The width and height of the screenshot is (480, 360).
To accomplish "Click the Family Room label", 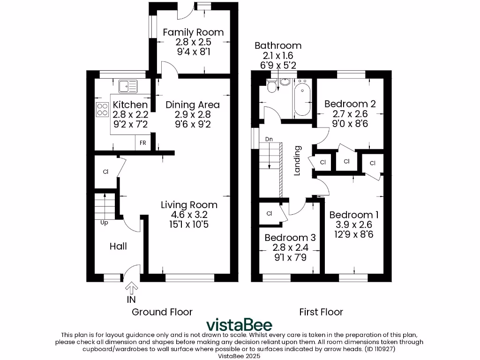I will pyautogui.click(x=193, y=32).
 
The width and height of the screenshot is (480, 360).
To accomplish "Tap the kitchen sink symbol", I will pyautogui.click(x=127, y=86).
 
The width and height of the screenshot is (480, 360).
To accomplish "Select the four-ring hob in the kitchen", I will pyautogui.click(x=103, y=109).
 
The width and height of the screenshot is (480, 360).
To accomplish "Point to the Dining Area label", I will pyautogui.click(x=192, y=105).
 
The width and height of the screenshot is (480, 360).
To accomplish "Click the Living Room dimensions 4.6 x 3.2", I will pyautogui.click(x=189, y=215).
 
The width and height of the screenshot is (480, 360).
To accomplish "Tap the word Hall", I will pyautogui.click(x=118, y=246).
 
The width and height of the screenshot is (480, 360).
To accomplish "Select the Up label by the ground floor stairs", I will pyautogui.click(x=104, y=223).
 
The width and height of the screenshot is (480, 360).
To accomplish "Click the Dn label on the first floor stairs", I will pyautogui.click(x=269, y=139).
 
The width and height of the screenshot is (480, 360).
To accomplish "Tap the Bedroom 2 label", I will pyautogui.click(x=350, y=104).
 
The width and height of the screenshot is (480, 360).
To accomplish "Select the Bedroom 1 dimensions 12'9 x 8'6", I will pyautogui.click(x=354, y=234).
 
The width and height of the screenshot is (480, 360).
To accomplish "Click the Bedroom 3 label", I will pyautogui.click(x=290, y=238).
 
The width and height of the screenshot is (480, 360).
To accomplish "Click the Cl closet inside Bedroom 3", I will pyautogui.click(x=270, y=213).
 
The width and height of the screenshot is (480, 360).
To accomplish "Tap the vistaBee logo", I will pyautogui.click(x=240, y=325).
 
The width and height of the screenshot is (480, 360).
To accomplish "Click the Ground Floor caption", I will pyautogui.click(x=162, y=312).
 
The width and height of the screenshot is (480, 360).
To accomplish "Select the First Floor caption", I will pyautogui.click(x=321, y=312).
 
